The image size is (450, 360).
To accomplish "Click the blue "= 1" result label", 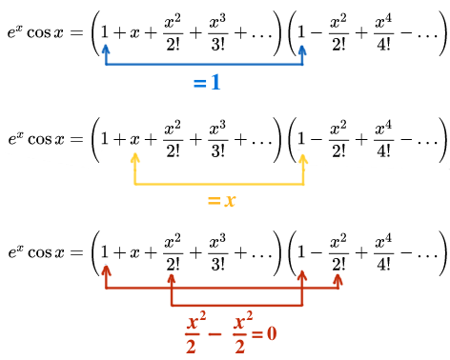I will (207, 83).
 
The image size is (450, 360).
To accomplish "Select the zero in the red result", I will (272, 335).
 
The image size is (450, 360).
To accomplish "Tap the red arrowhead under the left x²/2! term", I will (172, 281).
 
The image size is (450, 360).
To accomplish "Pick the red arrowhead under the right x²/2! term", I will (339, 281).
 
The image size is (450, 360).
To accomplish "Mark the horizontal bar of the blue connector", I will (204, 65).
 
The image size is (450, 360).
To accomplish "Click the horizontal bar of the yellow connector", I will (220, 183).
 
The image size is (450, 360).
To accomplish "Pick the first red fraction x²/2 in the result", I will (192, 335).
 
